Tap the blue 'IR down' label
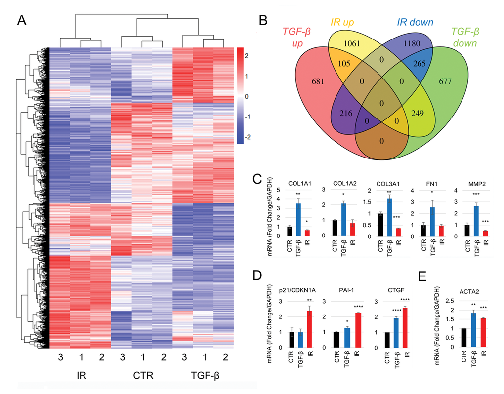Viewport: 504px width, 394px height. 415,22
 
